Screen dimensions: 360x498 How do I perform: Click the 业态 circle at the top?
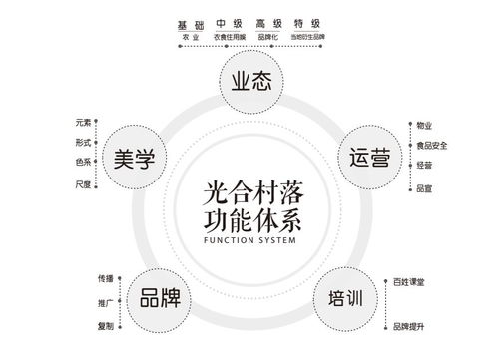[249, 83]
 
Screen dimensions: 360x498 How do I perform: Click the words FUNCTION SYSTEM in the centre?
[249, 239]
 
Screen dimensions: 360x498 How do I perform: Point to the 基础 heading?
[190, 23]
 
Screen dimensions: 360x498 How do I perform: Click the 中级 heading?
[230, 23]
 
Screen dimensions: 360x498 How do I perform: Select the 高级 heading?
[268, 23]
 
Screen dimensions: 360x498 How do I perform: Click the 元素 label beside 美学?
[83, 123]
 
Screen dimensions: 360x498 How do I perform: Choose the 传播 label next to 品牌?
[105, 277]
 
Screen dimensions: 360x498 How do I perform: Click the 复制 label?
[105, 326]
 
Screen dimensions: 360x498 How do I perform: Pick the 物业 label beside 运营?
[423, 125]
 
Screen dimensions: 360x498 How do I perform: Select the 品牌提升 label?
[408, 326]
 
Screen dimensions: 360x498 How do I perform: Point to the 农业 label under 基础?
[190, 36]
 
